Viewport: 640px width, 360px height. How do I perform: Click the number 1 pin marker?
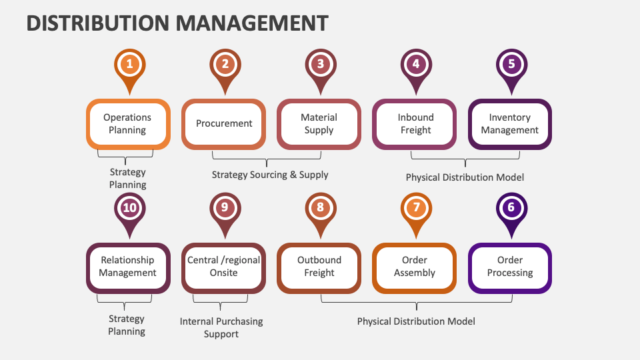pos(129,65)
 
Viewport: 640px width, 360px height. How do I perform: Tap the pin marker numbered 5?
pos(511,65)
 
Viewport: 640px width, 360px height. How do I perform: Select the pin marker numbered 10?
pos(129,208)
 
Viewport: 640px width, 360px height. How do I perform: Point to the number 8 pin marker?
pos(320,208)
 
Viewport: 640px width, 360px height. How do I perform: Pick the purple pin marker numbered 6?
pos(511,208)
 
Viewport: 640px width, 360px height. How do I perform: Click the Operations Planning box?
pos(127,124)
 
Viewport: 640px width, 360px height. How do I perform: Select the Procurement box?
pos(224,124)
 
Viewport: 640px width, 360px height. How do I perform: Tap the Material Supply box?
pos(319,124)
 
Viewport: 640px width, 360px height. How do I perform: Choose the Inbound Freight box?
pos(415,124)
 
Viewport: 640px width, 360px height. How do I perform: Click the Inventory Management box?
pos(510,124)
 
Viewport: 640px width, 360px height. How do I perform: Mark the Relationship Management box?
pos(127,267)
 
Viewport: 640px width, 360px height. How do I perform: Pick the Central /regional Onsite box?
pos(224,267)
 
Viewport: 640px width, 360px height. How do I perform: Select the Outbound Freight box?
pos(319,267)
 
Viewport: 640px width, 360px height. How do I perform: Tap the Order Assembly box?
pos(415,267)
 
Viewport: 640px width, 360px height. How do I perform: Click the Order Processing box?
pos(510,267)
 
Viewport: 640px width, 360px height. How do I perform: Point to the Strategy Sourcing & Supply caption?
pos(270,175)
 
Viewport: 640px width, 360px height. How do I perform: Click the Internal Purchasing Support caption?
pos(221,327)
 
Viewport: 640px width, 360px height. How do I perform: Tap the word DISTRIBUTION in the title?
pos(99,23)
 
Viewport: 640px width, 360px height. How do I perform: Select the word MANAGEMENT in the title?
pos(253,23)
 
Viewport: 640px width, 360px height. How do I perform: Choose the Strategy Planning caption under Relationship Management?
pos(127,325)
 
